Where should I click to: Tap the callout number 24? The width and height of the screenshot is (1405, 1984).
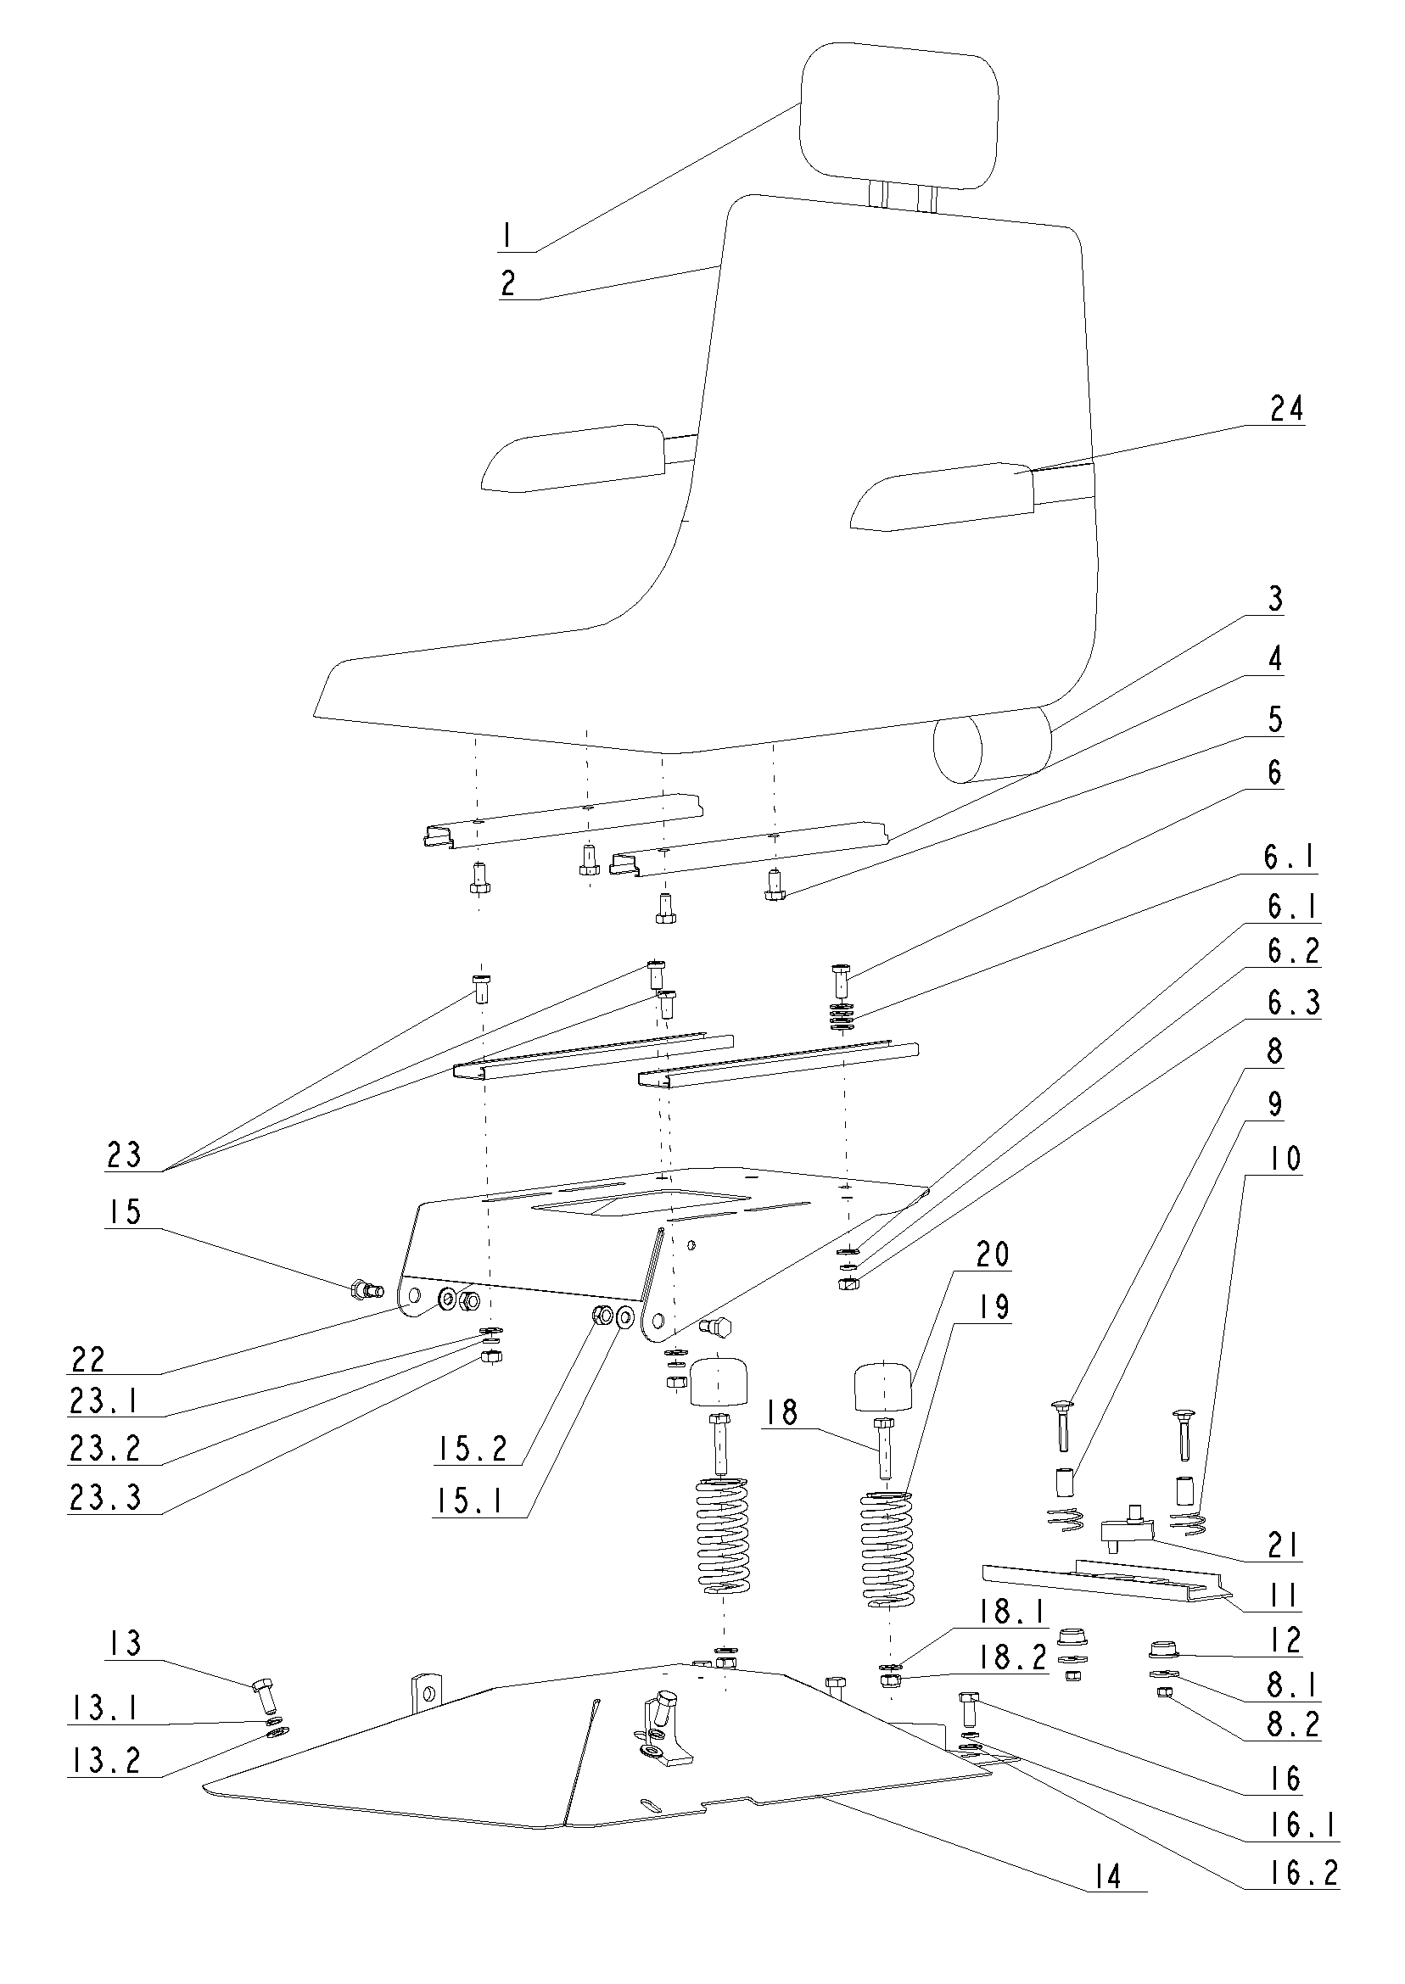tap(1285, 407)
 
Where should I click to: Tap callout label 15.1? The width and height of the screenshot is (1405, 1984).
tap(470, 1501)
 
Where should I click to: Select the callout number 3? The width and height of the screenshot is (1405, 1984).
tap(1275, 599)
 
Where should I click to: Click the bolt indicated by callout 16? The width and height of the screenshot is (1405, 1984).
tap(968, 1710)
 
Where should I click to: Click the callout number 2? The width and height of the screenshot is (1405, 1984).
tap(508, 282)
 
